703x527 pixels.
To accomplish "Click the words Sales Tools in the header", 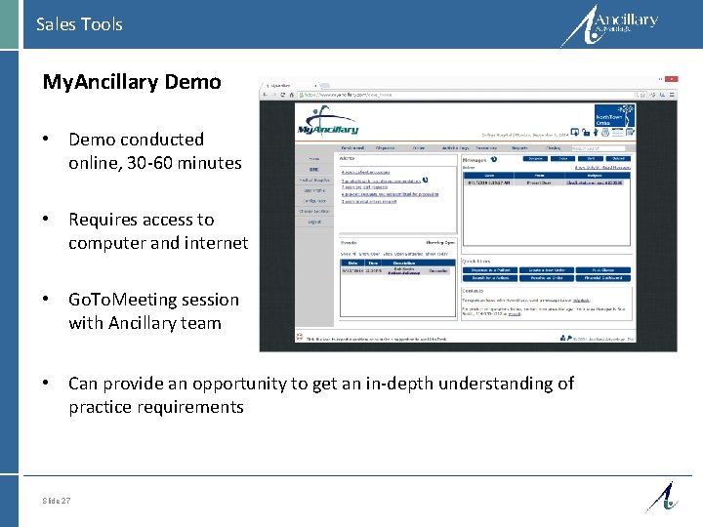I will (79, 24).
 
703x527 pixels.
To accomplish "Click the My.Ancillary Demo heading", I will (132, 82).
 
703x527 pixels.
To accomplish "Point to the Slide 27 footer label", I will (57, 501).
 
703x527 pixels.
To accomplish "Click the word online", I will (94, 163).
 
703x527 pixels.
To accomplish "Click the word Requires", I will (105, 220).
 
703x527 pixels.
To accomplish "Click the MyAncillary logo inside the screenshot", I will (328, 127).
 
